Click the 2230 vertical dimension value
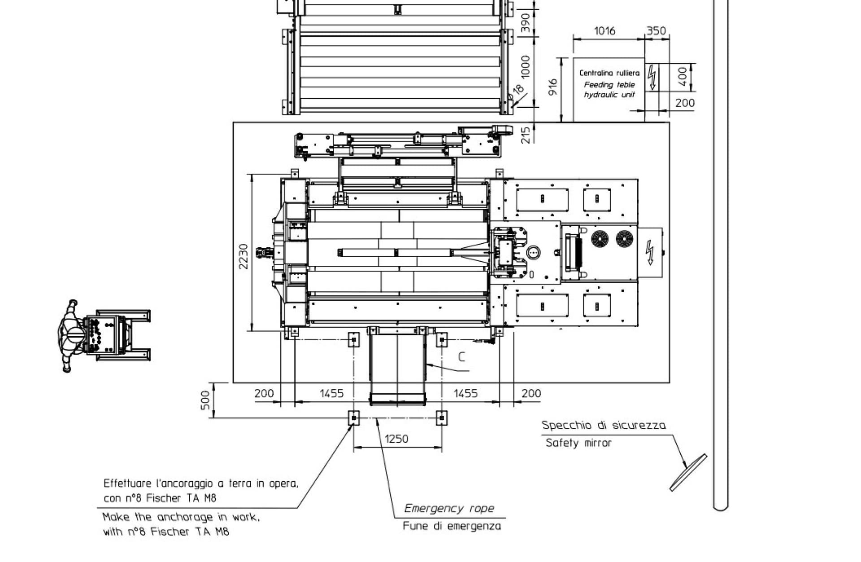[243, 256]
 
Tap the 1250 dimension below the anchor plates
[396, 439]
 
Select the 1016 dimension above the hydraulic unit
[604, 31]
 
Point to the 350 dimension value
[656, 31]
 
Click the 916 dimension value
[553, 87]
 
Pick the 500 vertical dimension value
[205, 400]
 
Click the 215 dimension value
[526, 135]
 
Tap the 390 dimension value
[526, 22]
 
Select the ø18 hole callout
[517, 92]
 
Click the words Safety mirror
[578, 443]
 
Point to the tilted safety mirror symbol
[688, 473]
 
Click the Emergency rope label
[449, 508]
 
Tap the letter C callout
[461, 357]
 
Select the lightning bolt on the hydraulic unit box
[652, 77]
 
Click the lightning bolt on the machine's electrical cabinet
[649, 253]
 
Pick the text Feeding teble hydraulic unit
[609, 89]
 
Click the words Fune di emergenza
[452, 526]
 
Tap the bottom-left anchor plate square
[354, 418]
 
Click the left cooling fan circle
[599, 239]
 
